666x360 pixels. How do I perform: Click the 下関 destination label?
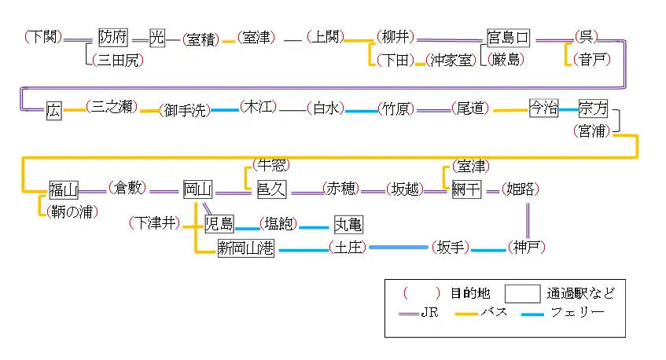(39, 37)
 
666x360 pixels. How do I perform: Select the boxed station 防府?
(112, 37)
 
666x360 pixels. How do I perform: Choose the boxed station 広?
(53, 109)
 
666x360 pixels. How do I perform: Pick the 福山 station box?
(62, 189)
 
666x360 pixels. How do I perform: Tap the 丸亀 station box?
(348, 224)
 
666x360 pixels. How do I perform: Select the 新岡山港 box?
(245, 249)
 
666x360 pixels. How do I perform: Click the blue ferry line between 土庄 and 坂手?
(399, 248)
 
